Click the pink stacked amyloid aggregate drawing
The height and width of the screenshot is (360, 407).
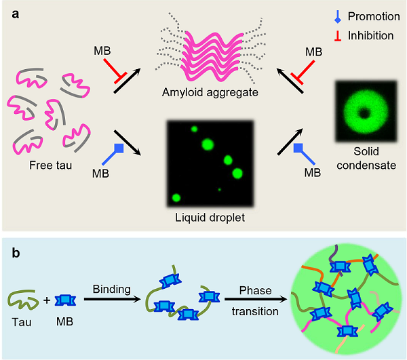(200, 52)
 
